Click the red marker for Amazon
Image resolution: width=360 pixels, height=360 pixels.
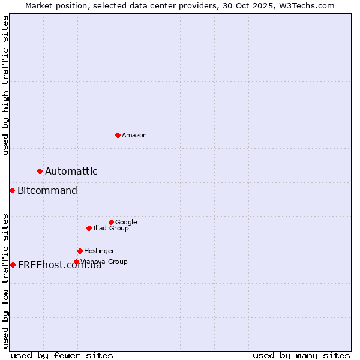pyautogui.click(x=118, y=135)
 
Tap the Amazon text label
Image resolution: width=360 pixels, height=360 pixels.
pyautogui.click(x=134, y=136)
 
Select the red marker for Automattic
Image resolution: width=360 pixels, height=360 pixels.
pyautogui.click(x=40, y=172)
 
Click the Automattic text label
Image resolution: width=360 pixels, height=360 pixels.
pyautogui.click(x=71, y=172)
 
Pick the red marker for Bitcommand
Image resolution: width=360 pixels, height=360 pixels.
pyautogui.click(x=12, y=191)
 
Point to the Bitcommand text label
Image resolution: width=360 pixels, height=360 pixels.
pyautogui.click(x=47, y=191)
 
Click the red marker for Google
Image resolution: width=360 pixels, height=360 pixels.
pyautogui.click(x=111, y=222)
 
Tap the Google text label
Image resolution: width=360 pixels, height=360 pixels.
pyautogui.click(x=126, y=223)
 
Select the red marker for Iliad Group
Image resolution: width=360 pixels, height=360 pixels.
pyautogui.click(x=89, y=228)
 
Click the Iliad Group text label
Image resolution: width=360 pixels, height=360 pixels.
pyautogui.click(x=111, y=229)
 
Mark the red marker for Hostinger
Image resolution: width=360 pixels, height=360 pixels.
pyautogui.click(x=80, y=251)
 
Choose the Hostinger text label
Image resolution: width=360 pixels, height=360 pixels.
pyautogui.click(x=99, y=251)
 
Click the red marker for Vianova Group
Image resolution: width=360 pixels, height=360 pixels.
pyautogui.click(x=76, y=262)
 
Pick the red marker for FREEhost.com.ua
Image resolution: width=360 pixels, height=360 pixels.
pyautogui.click(x=13, y=265)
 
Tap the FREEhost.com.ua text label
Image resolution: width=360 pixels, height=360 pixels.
pyautogui.click(x=59, y=265)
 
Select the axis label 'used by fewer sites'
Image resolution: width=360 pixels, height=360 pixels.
pyautogui.click(x=62, y=356)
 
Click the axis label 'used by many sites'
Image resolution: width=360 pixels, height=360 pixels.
pyautogui.click(x=301, y=356)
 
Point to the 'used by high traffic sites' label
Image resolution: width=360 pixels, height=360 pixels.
pyautogui.click(x=5, y=85)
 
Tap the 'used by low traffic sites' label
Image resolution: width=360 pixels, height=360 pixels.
pyautogui.click(x=5, y=280)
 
